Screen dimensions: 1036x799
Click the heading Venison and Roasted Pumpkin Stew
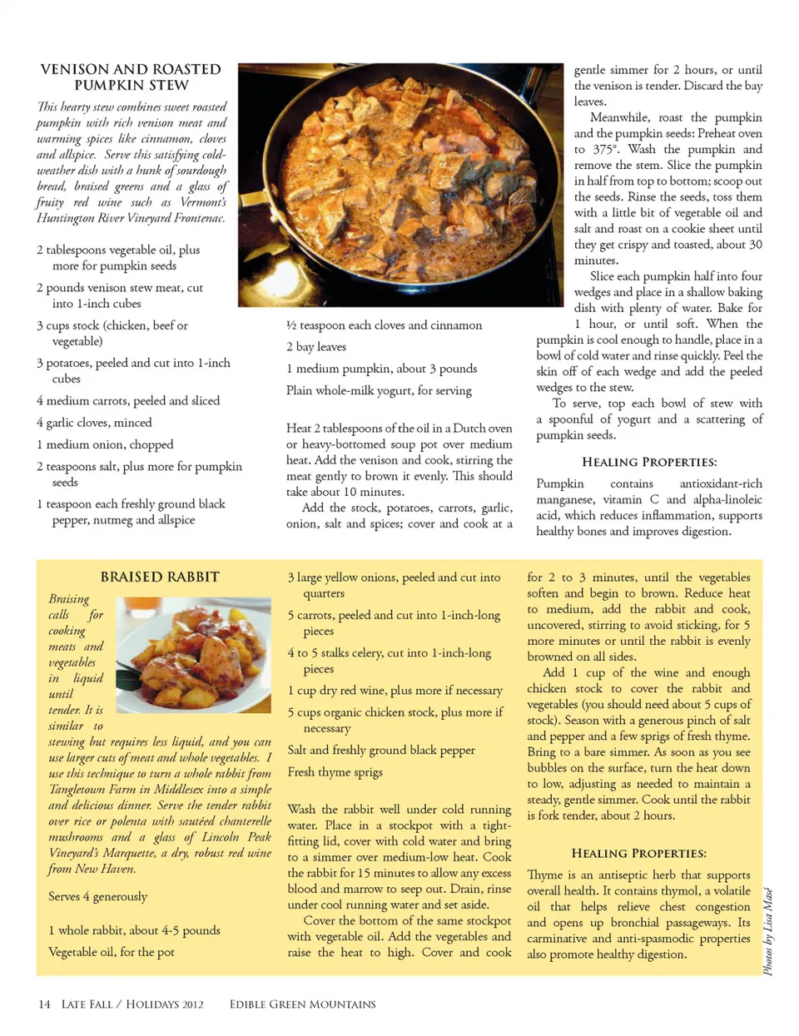point(131,77)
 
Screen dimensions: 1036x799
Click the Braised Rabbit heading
point(160,577)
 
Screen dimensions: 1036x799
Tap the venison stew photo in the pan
point(400,184)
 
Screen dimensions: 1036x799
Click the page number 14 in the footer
point(44,1004)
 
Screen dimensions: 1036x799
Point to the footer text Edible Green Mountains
point(302,1004)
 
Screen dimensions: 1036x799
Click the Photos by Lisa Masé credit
point(768,931)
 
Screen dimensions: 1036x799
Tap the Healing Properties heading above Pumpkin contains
point(649,462)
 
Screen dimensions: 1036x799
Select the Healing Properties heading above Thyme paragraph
point(638,853)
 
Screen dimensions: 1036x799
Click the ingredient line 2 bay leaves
point(316,347)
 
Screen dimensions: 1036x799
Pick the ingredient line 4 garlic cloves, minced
point(94,423)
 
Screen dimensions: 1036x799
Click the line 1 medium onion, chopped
point(105,444)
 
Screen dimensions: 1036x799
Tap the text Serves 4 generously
point(97,896)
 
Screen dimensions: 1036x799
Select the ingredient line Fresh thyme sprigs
point(335,771)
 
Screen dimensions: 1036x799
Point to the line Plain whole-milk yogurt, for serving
point(379,390)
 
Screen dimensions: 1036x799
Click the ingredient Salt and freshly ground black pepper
point(381,750)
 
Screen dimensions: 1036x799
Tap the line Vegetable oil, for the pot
point(112,951)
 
